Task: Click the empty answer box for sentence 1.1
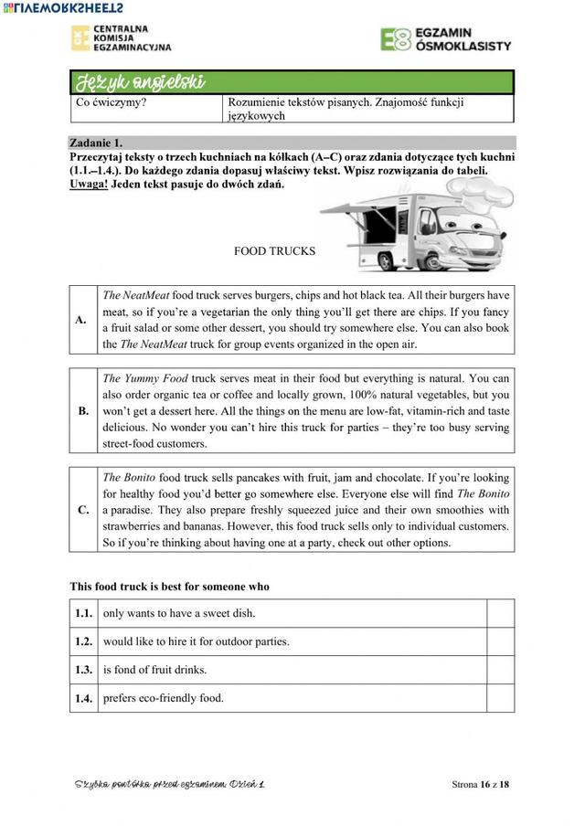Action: pyautogui.click(x=500, y=613)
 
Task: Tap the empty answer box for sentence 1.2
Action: pyautogui.click(x=500, y=641)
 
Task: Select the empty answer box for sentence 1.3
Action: pyautogui.click(x=500, y=670)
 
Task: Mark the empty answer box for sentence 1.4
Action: pyautogui.click(x=500, y=698)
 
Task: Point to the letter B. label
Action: pyautogui.click(x=83, y=410)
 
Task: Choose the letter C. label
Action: pyautogui.click(x=83, y=510)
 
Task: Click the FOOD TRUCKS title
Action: pyautogui.click(x=274, y=251)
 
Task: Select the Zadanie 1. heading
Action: pyautogui.click(x=96, y=143)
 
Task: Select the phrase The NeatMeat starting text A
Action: pyautogui.click(x=135, y=295)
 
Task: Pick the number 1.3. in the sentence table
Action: pyautogui.click(x=83, y=670)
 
